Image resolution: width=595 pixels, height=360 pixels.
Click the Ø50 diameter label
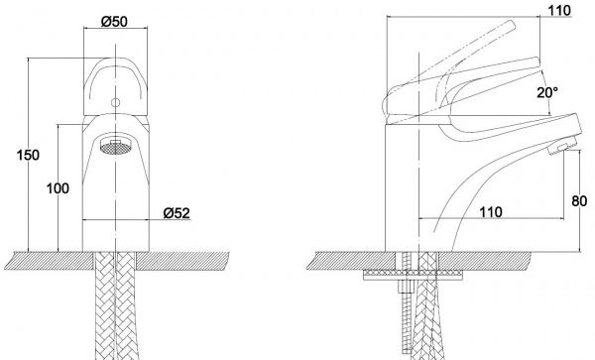[x=114, y=22]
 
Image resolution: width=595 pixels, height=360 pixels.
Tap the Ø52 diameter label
[x=177, y=213]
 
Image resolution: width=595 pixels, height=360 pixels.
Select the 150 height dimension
[x=28, y=155]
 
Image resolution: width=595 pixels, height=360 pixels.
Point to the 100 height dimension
[x=58, y=188]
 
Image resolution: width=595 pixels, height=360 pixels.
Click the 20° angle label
[x=547, y=92]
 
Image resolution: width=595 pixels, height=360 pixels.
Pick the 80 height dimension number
[x=579, y=201]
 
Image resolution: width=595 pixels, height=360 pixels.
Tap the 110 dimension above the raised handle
[x=559, y=11]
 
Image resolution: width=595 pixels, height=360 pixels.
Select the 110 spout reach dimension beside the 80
[x=491, y=212]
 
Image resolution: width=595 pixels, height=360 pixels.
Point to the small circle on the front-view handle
[x=115, y=102]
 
